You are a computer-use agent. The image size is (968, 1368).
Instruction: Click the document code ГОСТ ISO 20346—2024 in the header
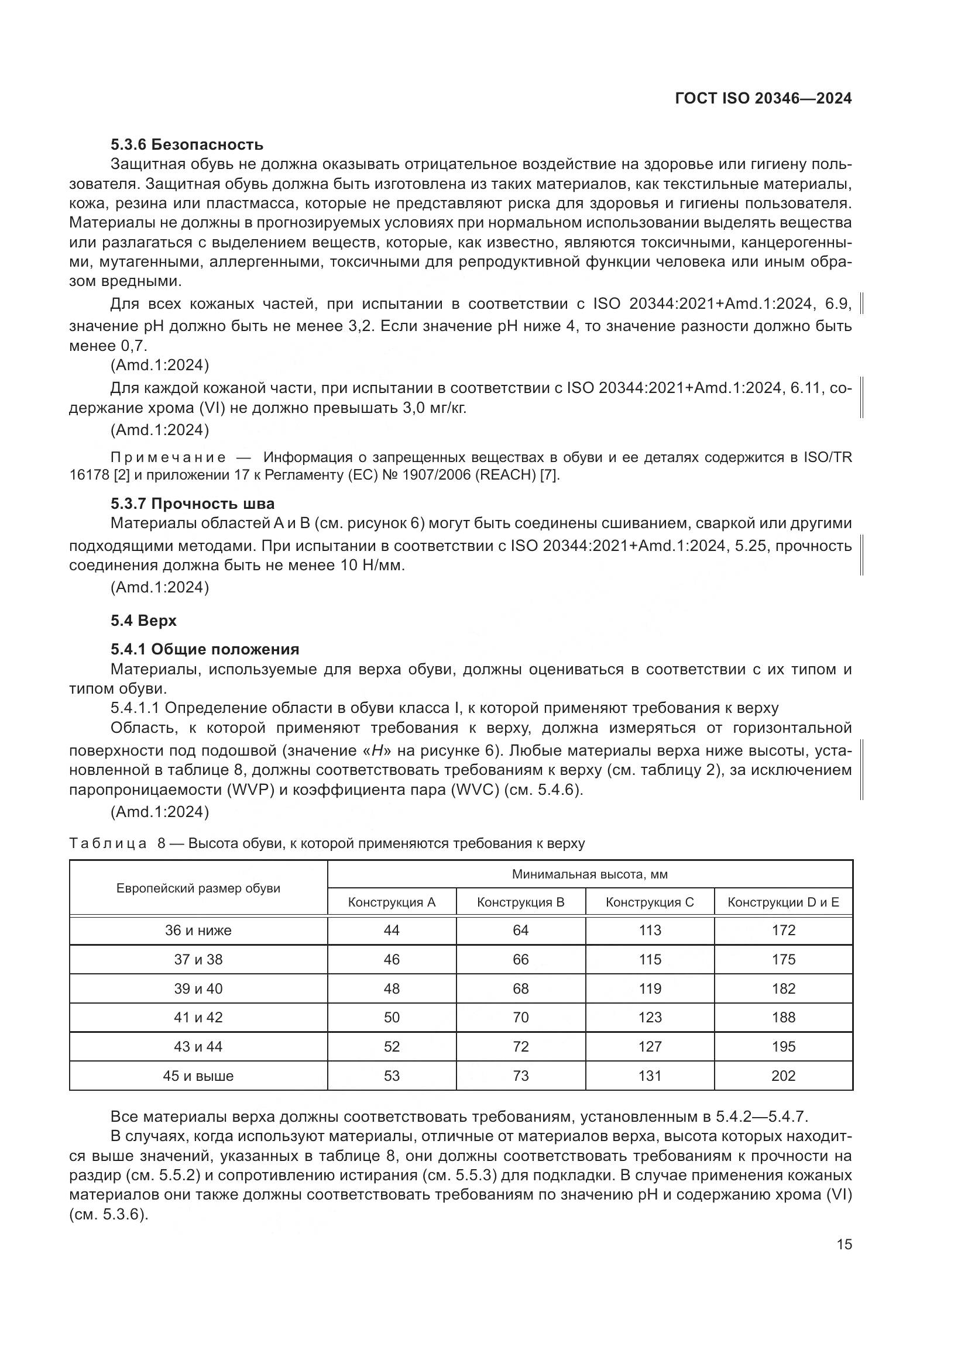[x=763, y=98]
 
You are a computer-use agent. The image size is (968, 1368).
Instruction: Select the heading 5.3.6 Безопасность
[x=187, y=144]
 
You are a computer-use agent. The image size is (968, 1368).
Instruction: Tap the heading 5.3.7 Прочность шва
[x=192, y=504]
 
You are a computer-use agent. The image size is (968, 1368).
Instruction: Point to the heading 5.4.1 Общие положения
[x=204, y=649]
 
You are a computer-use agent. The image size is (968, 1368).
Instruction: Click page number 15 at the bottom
[x=844, y=1244]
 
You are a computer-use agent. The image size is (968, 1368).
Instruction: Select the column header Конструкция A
[x=392, y=902]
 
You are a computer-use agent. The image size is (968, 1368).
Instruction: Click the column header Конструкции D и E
[x=782, y=902]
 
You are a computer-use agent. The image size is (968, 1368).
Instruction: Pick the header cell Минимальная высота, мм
[x=589, y=874]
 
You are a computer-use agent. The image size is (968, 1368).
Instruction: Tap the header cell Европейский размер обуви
[x=198, y=888]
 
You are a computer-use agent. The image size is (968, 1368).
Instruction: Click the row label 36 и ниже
[x=198, y=930]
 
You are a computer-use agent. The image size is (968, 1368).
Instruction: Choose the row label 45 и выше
[x=198, y=1076]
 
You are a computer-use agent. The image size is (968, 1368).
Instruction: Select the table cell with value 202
[x=782, y=1076]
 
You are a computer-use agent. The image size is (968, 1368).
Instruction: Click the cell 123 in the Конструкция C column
[x=650, y=1017]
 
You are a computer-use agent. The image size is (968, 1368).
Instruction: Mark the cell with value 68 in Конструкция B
[x=520, y=988]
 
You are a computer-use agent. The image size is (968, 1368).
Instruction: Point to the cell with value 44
[x=392, y=930]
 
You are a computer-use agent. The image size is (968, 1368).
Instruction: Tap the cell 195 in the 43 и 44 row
[x=782, y=1046]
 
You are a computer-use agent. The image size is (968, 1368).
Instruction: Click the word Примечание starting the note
[x=168, y=457]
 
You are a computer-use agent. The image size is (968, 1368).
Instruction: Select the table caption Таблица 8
[x=118, y=843]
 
